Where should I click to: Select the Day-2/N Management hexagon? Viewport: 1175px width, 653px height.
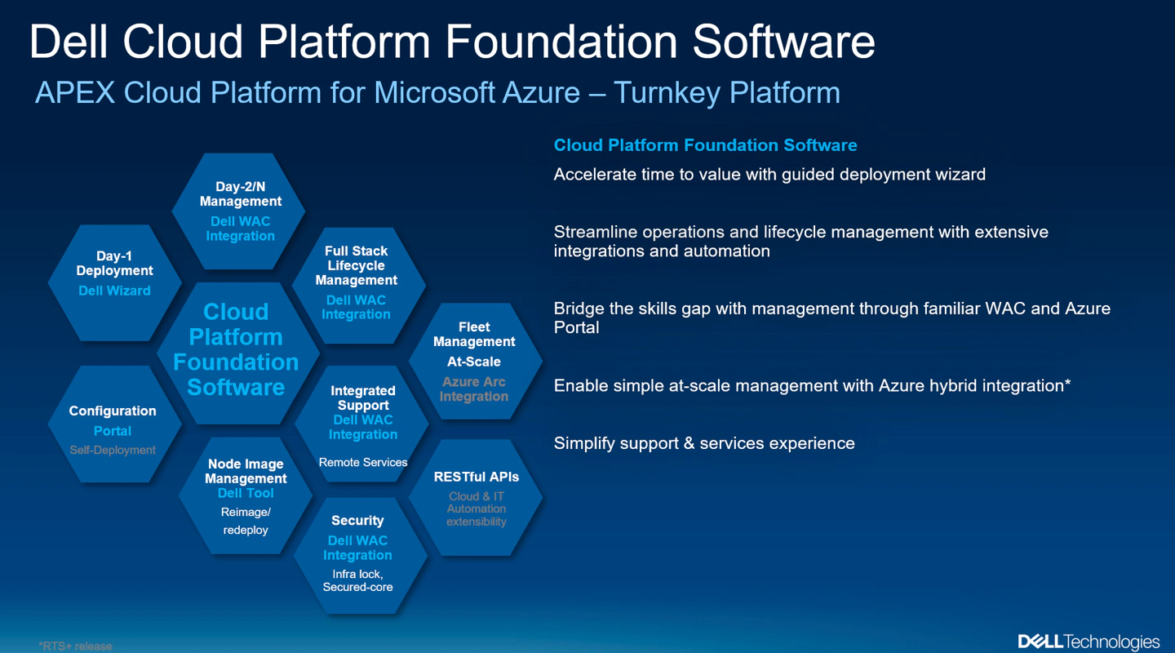[x=239, y=211]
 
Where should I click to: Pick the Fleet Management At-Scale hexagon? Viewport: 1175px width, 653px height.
[x=474, y=361]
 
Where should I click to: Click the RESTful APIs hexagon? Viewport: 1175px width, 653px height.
[x=476, y=498]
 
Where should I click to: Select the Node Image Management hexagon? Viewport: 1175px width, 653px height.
[x=246, y=496]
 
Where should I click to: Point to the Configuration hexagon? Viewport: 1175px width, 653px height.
[x=113, y=424]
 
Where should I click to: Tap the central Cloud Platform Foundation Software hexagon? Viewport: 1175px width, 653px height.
[x=236, y=349]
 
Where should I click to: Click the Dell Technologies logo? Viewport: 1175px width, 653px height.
[x=1088, y=642]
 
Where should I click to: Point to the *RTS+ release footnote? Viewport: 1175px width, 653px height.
[x=75, y=646]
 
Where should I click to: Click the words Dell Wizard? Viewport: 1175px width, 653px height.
[x=114, y=291]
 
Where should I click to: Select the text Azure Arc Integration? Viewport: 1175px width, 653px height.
[x=474, y=389]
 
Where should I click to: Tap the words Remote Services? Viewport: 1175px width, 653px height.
[x=363, y=462]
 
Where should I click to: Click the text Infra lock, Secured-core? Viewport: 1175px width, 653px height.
[x=357, y=580]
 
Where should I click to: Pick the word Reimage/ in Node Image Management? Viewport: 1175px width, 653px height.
[x=246, y=513]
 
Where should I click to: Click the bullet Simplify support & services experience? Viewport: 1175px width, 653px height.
[x=704, y=443]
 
